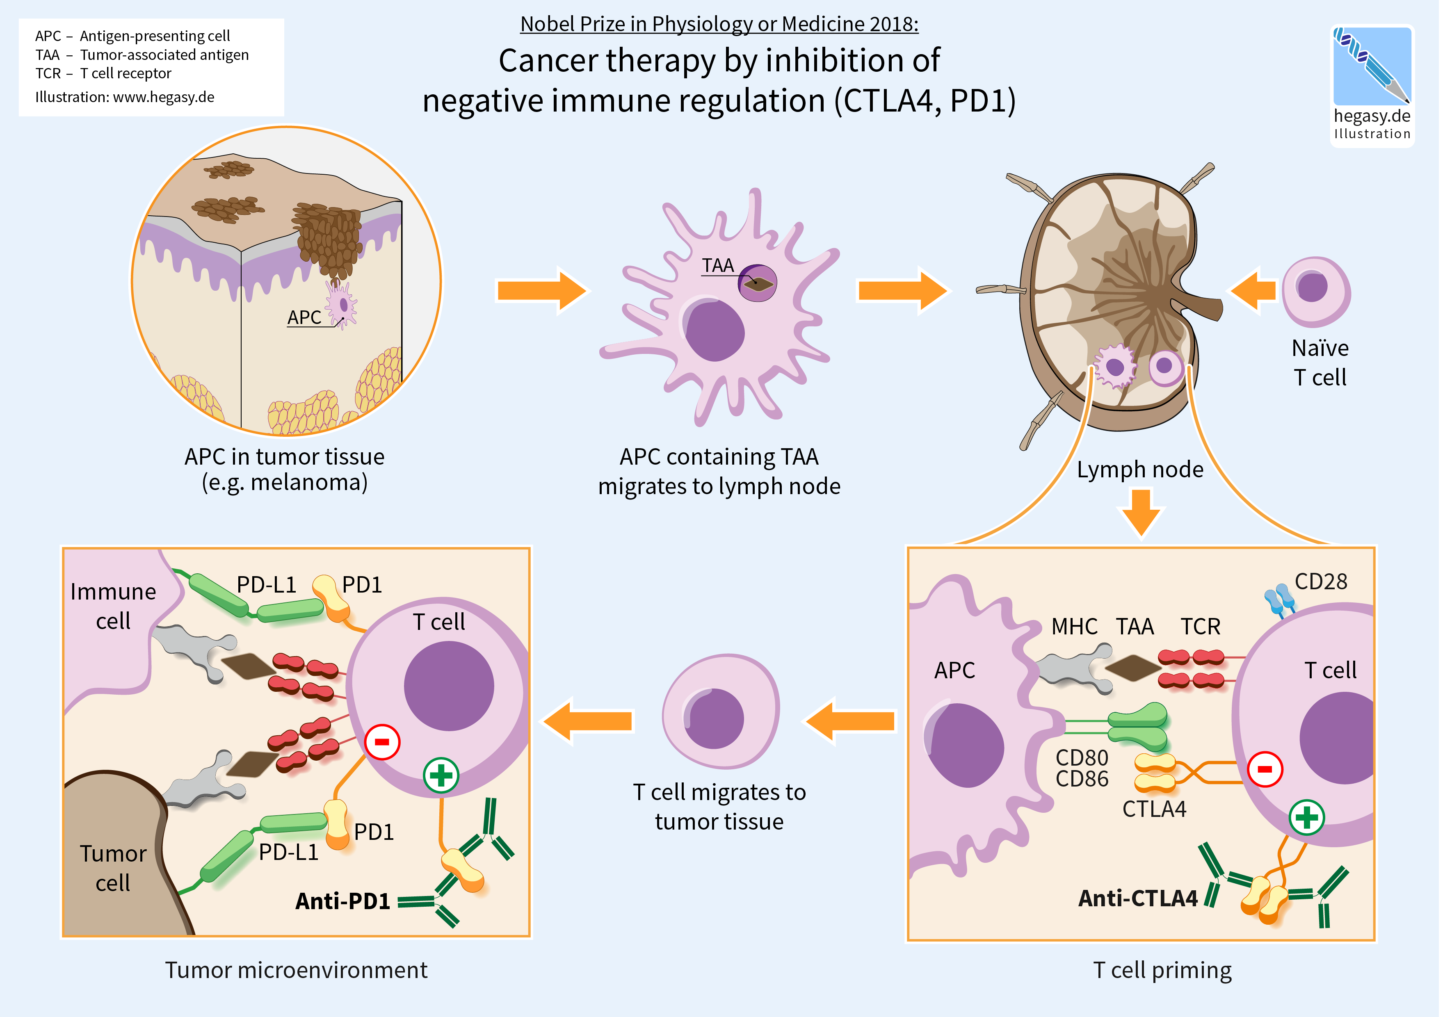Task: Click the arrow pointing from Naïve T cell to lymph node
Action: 1252,290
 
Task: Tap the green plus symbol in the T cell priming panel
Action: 1306,817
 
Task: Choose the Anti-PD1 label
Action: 343,901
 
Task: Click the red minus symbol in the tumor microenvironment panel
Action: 382,741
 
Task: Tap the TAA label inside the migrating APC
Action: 718,266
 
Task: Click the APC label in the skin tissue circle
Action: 304,317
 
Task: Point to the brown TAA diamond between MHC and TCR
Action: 1133,668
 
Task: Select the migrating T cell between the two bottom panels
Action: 721,711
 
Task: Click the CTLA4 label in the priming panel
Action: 1154,809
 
